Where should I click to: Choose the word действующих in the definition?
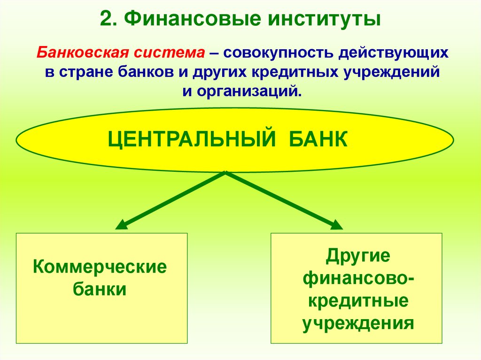[392, 53]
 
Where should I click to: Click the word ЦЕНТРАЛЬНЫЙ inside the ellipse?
[191, 140]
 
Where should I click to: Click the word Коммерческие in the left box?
[100, 268]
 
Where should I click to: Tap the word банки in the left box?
[100, 289]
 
